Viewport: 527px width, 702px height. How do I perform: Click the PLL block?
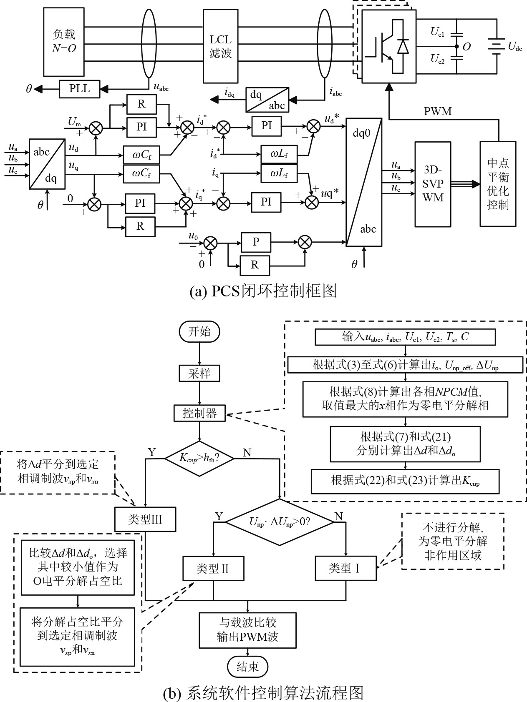coord(79,88)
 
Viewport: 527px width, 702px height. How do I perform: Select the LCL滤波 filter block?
coord(220,46)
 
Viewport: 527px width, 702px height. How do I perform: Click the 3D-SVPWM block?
coord(433,184)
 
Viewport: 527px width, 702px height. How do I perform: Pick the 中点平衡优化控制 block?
coord(497,184)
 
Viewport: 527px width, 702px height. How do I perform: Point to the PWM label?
coord(438,111)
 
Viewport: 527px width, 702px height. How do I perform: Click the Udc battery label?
coord(514,46)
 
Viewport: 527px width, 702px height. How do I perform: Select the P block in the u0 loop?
coord(256,242)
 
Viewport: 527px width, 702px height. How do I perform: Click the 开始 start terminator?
coord(199,332)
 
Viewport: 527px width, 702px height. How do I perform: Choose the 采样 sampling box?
coord(199,374)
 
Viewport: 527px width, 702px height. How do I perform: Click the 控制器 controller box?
coord(200,413)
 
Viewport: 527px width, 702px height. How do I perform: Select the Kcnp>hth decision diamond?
coord(199,458)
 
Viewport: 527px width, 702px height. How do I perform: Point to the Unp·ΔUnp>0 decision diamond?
coord(280,521)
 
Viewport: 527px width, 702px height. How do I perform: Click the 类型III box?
coord(145,519)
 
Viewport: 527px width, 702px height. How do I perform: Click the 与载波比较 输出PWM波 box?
coord(247,629)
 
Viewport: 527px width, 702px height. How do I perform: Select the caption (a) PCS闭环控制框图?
coord(263,291)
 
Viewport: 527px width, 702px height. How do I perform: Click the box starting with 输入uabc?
coord(405,337)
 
